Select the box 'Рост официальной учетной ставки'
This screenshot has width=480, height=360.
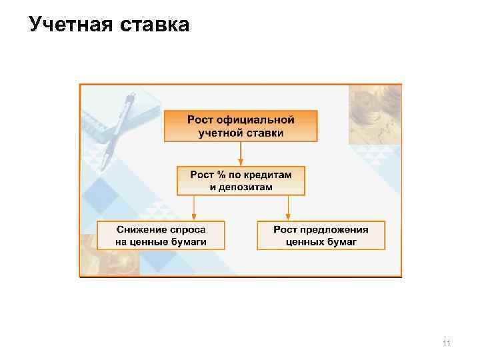(x=241, y=126)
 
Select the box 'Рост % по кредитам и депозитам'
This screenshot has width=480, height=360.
(x=241, y=181)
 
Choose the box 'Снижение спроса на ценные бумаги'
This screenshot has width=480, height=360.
(x=161, y=235)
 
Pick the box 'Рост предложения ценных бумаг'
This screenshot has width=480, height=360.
(x=321, y=235)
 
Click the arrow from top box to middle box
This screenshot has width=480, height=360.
(x=241, y=153)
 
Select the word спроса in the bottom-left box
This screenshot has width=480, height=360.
(x=185, y=229)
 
